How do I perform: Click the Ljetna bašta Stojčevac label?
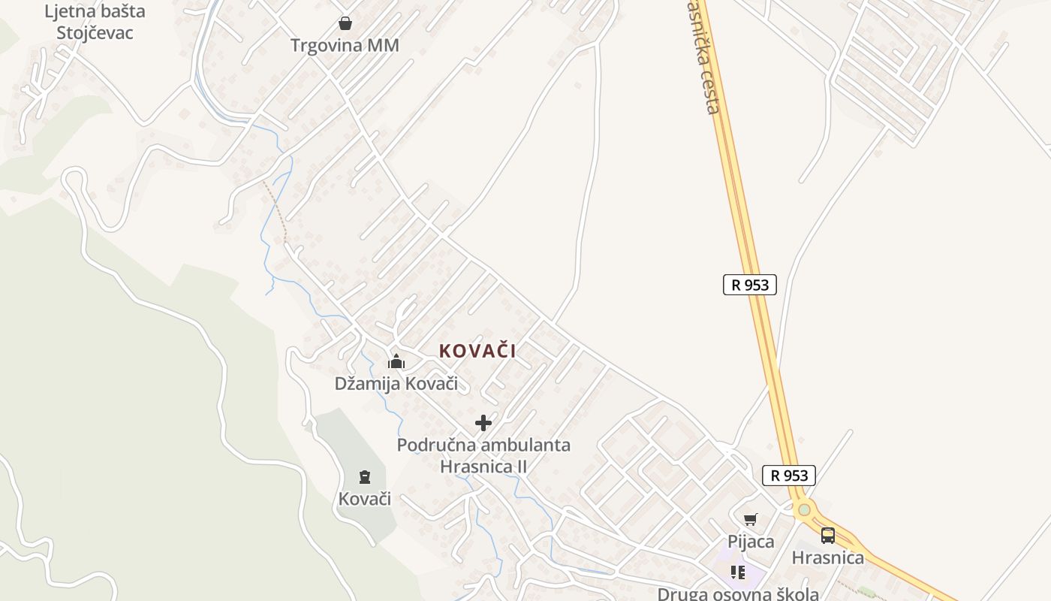[x=95, y=22]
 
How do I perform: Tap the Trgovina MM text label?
[x=345, y=46]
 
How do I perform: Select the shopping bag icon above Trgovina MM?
[x=345, y=23]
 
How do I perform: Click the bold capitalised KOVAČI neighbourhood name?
[x=477, y=351]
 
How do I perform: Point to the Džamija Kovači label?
[x=396, y=383]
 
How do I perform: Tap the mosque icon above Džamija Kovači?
[x=396, y=361]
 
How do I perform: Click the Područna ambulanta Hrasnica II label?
[x=483, y=455]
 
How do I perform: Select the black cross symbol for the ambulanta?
[x=483, y=422]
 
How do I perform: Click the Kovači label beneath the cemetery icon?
[x=365, y=499]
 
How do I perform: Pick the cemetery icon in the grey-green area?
[x=365, y=476]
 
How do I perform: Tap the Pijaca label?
[x=750, y=541]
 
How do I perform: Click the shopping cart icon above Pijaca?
[x=750, y=519]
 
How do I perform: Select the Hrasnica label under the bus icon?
[x=828, y=557]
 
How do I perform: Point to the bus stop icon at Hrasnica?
[x=828, y=536]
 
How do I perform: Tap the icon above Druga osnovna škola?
[x=738, y=572]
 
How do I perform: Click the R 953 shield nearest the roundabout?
[x=788, y=476]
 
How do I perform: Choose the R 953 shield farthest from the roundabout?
[x=749, y=285]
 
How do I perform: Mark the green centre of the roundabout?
[x=805, y=510]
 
